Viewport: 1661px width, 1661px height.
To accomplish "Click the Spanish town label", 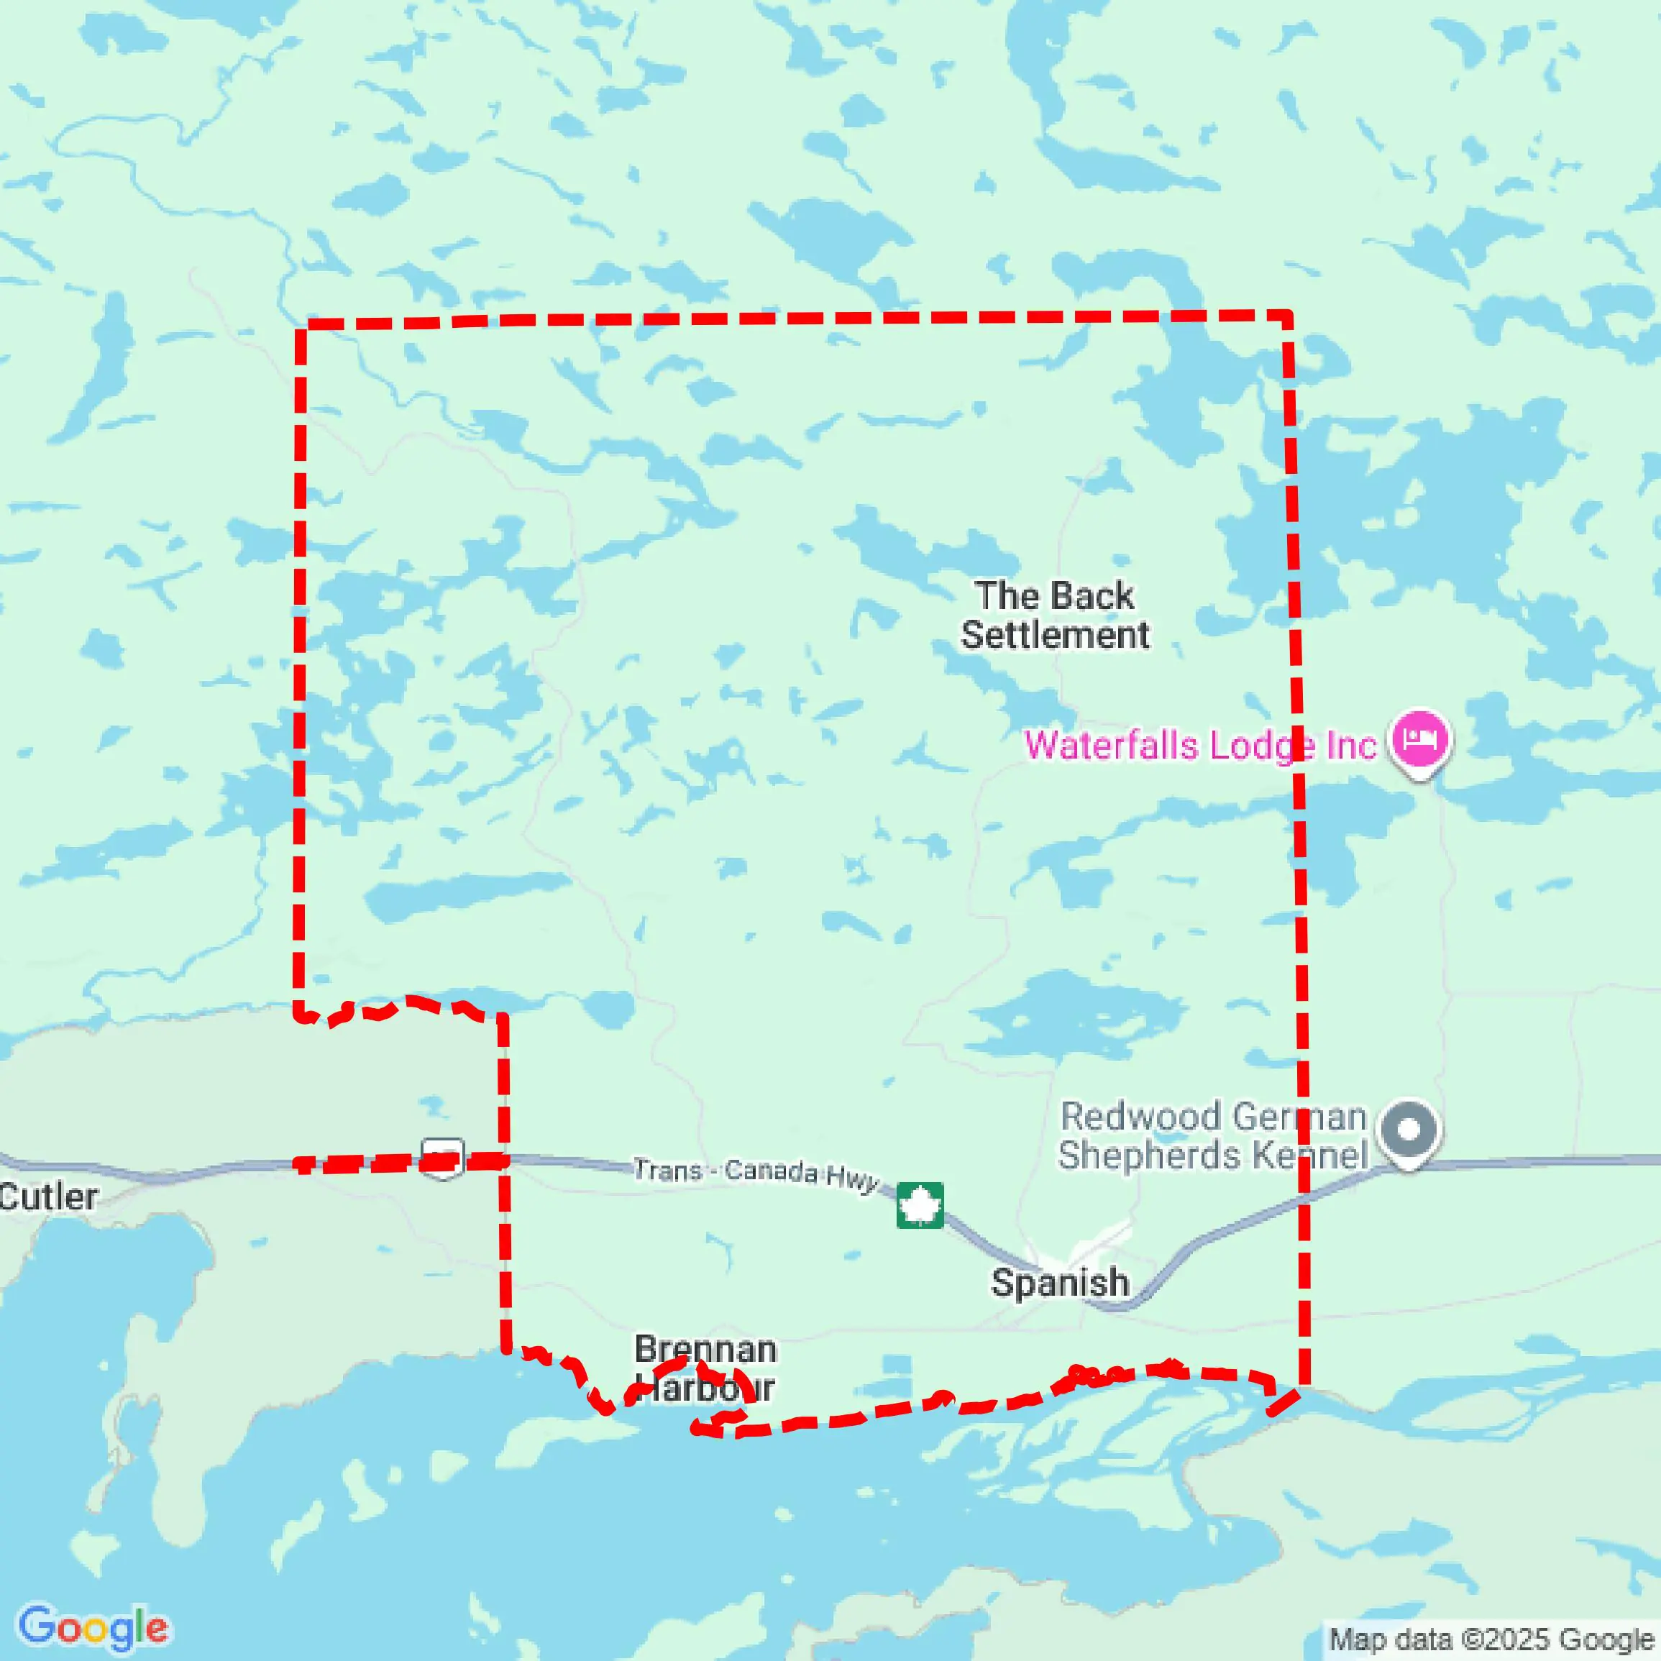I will point(1059,1283).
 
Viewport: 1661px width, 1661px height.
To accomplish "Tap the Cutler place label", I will point(49,1196).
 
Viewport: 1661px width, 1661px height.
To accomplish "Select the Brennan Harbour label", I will point(705,1368).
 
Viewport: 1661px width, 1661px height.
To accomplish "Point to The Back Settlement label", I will point(1054,616).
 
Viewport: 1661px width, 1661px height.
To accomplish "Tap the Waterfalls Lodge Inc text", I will point(1200,746).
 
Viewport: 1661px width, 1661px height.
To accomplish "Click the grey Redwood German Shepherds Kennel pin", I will point(1408,1130).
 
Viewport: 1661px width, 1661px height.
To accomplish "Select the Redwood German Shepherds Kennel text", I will point(1212,1135).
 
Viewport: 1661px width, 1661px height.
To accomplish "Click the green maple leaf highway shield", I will point(920,1204).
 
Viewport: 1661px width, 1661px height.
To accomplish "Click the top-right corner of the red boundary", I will point(1288,316).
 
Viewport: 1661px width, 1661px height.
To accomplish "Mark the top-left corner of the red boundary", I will point(301,325).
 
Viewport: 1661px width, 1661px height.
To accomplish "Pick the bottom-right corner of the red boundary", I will point(1304,1386).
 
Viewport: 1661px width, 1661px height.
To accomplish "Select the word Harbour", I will point(705,1388).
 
